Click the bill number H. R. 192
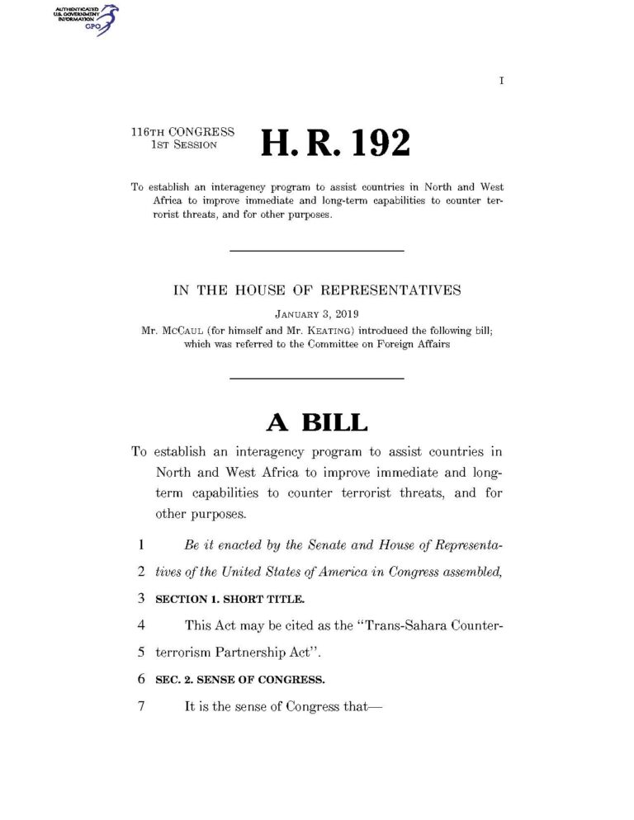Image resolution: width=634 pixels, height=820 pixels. click(x=335, y=144)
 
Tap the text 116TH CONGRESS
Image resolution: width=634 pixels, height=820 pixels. click(x=182, y=131)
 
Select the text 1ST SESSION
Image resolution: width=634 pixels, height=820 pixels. click(x=184, y=144)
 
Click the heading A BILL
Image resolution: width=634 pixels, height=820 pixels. click(x=316, y=422)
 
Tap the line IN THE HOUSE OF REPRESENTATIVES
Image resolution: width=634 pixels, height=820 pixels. click(x=316, y=290)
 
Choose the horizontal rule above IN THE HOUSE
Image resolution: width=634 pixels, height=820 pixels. click(x=316, y=250)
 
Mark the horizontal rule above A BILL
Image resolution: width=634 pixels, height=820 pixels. click(x=316, y=378)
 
